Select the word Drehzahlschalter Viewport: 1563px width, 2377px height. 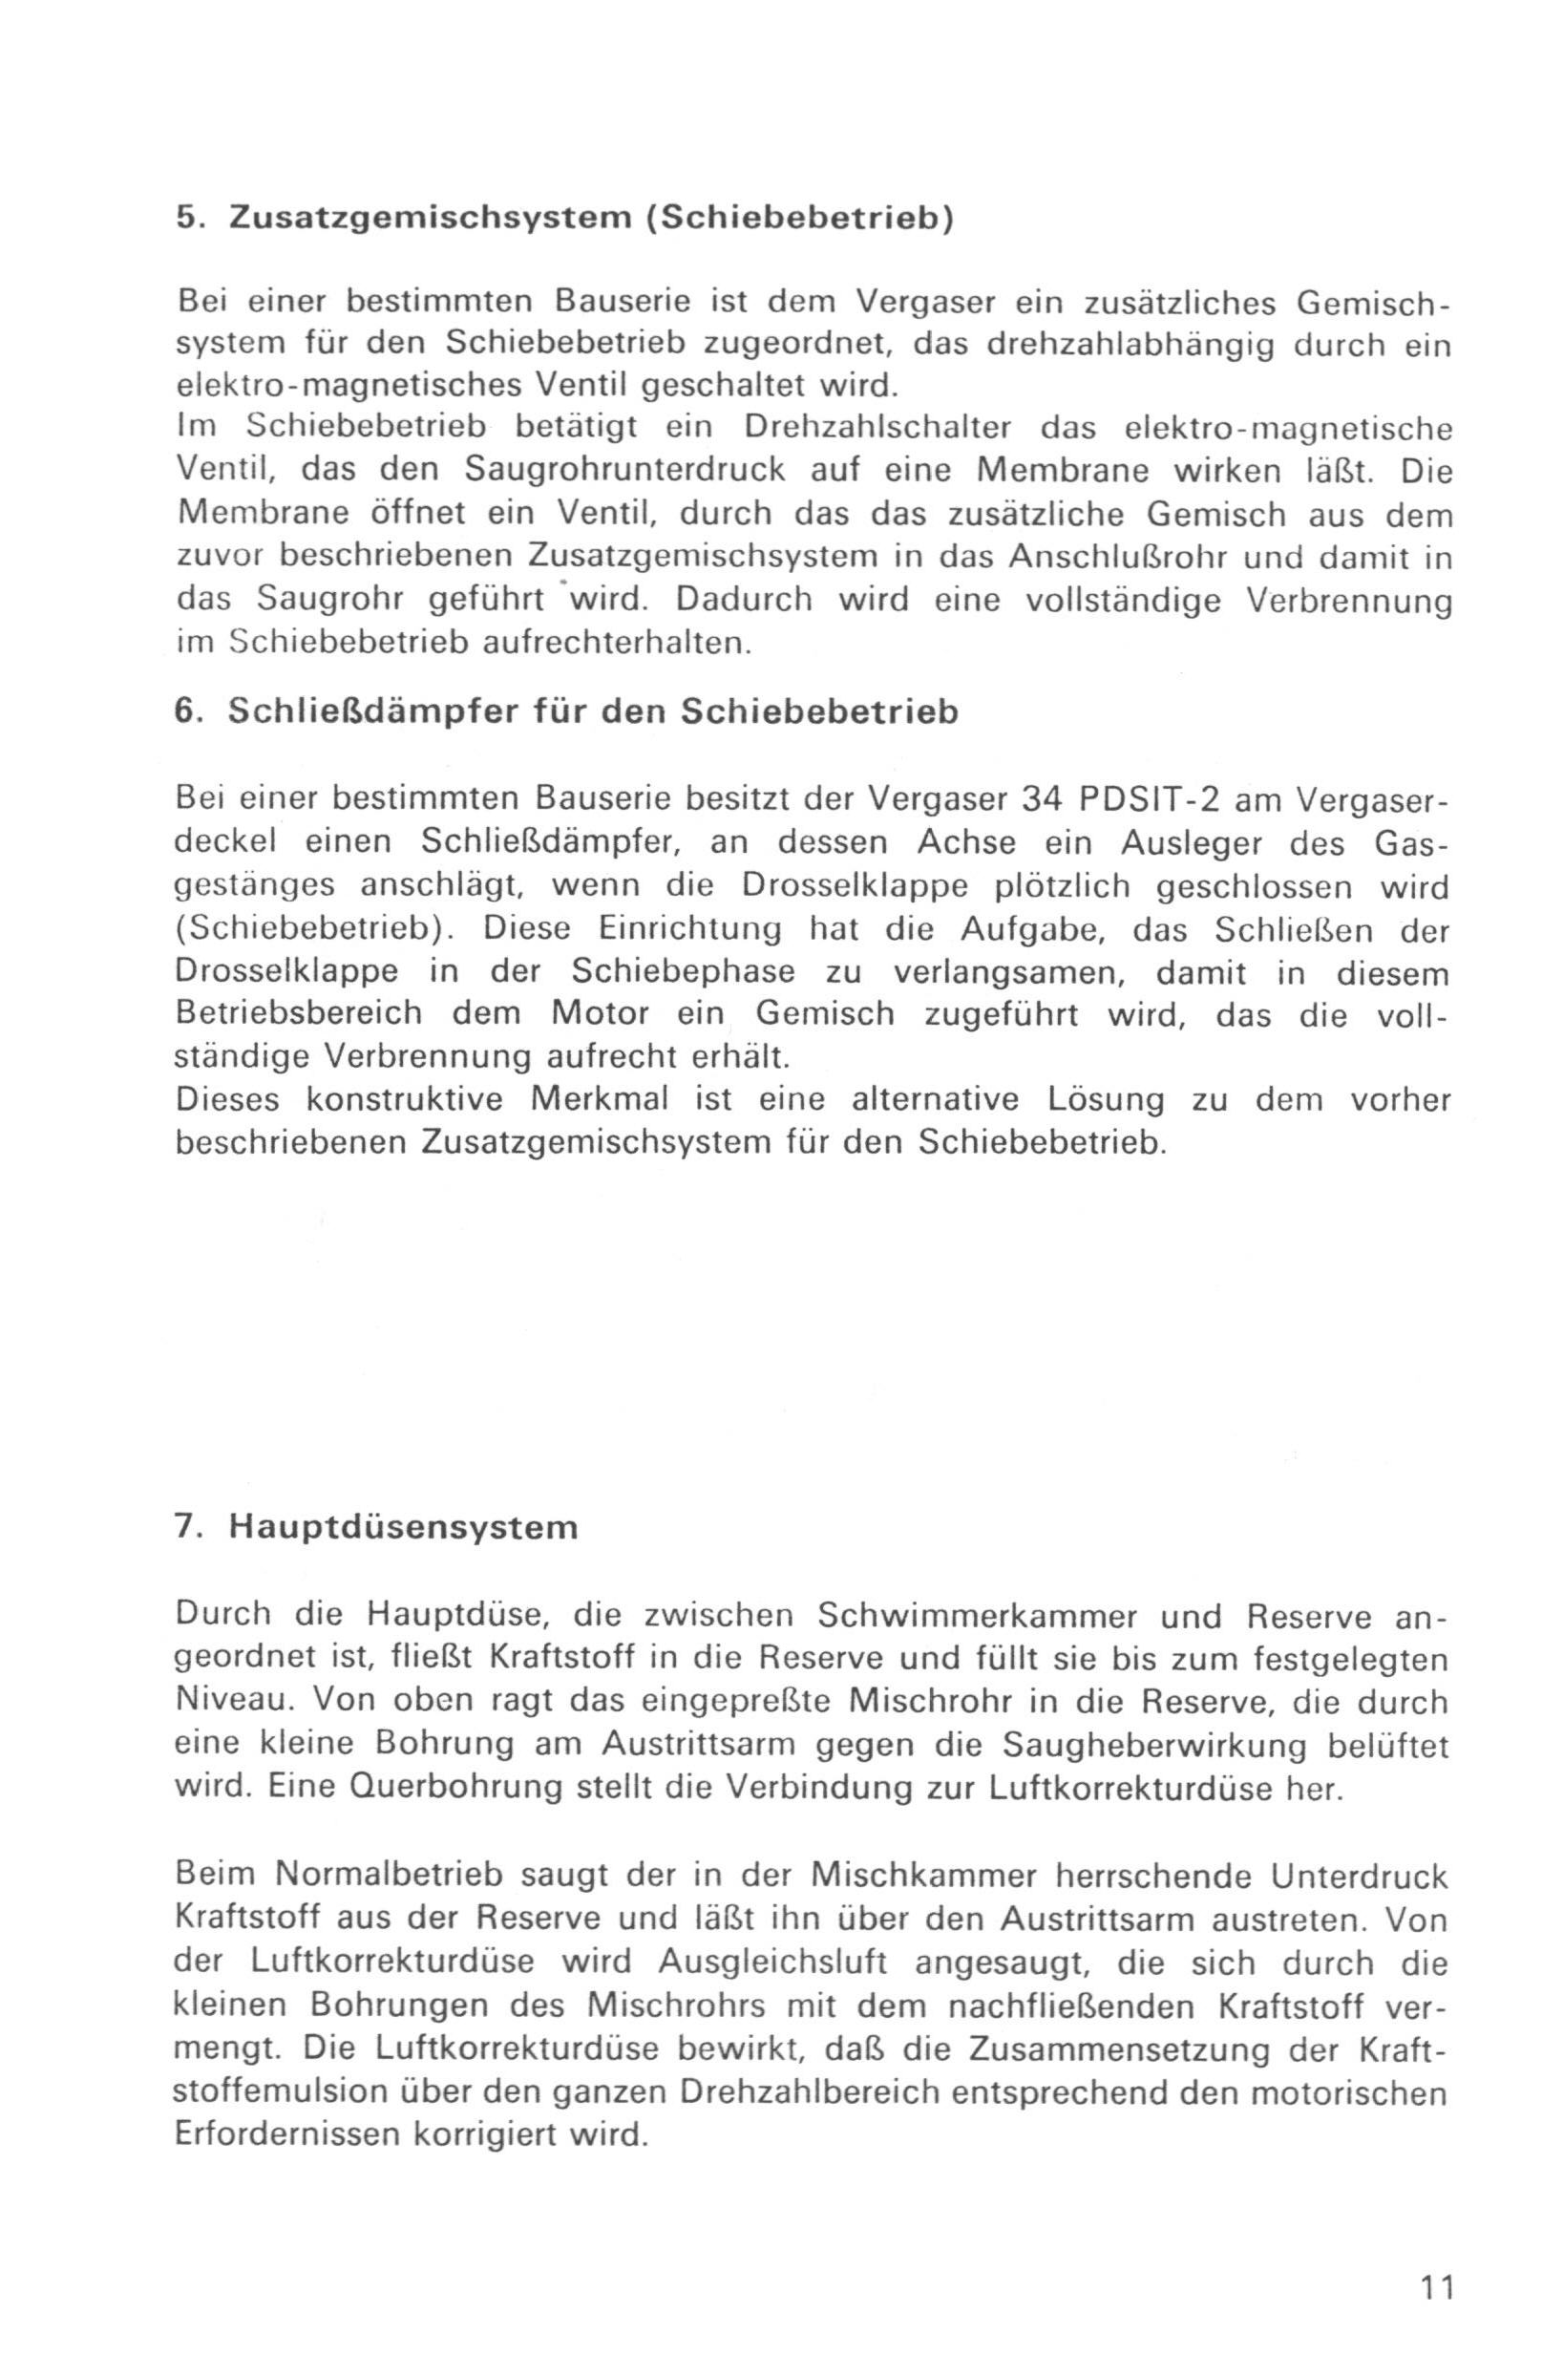pyautogui.click(x=877, y=427)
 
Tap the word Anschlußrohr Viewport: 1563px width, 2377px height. pyautogui.click(x=1119, y=555)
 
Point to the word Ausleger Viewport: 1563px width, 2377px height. pyautogui.click(x=1191, y=842)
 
